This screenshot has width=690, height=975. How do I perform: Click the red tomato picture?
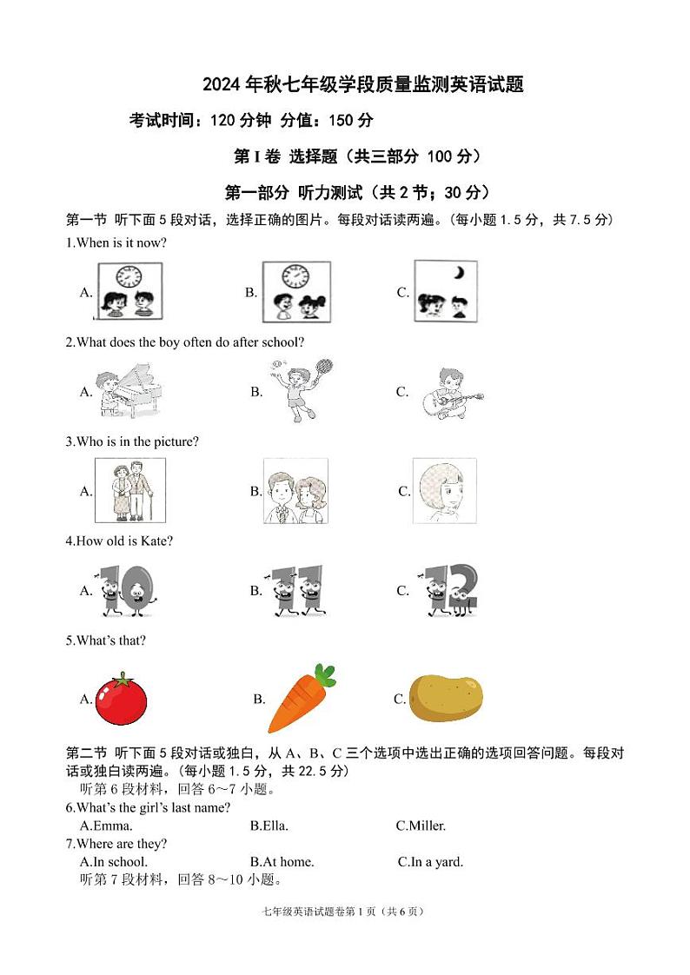[121, 699]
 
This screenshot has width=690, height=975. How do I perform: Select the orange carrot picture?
[301, 699]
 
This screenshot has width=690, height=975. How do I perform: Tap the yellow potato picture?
[445, 698]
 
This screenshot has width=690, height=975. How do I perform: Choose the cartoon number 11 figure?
[295, 591]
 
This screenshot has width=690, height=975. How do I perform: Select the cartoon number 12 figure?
[450, 591]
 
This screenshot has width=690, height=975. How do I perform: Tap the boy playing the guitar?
[451, 393]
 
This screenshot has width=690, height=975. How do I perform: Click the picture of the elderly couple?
[130, 491]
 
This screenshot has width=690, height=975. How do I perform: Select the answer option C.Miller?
[421, 826]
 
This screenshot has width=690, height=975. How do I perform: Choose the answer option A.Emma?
[106, 826]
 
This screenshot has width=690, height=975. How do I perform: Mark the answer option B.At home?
[282, 862]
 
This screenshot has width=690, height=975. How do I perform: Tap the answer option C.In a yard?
[430, 862]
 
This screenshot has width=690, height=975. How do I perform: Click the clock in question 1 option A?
[128, 276]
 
